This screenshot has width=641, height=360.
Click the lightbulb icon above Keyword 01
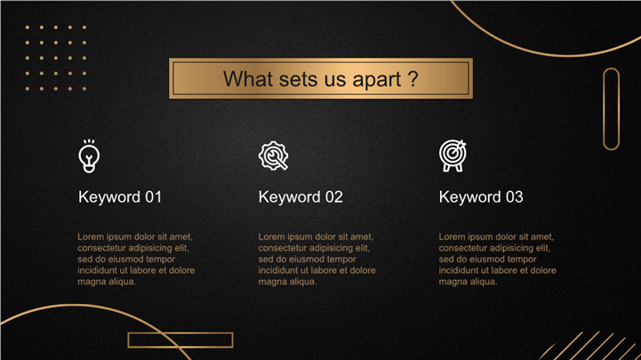coord(89,156)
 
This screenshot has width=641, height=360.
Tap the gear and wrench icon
coord(274,156)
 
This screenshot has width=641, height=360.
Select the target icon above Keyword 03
coord(453,156)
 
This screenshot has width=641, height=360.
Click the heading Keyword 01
coord(120,197)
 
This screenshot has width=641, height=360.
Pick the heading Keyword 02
coord(300,197)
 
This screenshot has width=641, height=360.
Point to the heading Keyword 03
coord(481,197)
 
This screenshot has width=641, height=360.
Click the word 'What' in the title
coord(248,78)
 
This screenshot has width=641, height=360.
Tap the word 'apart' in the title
coord(376,80)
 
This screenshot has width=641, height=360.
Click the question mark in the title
coord(413,78)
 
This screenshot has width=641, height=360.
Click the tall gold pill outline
coord(611,109)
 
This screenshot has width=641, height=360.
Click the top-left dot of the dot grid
coord(28,28)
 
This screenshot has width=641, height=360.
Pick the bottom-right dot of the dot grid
coord(84,89)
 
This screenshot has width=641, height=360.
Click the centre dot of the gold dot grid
coord(56,58)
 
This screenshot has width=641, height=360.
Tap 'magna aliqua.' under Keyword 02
coord(287,282)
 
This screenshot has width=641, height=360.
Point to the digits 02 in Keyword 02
coord(334,197)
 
